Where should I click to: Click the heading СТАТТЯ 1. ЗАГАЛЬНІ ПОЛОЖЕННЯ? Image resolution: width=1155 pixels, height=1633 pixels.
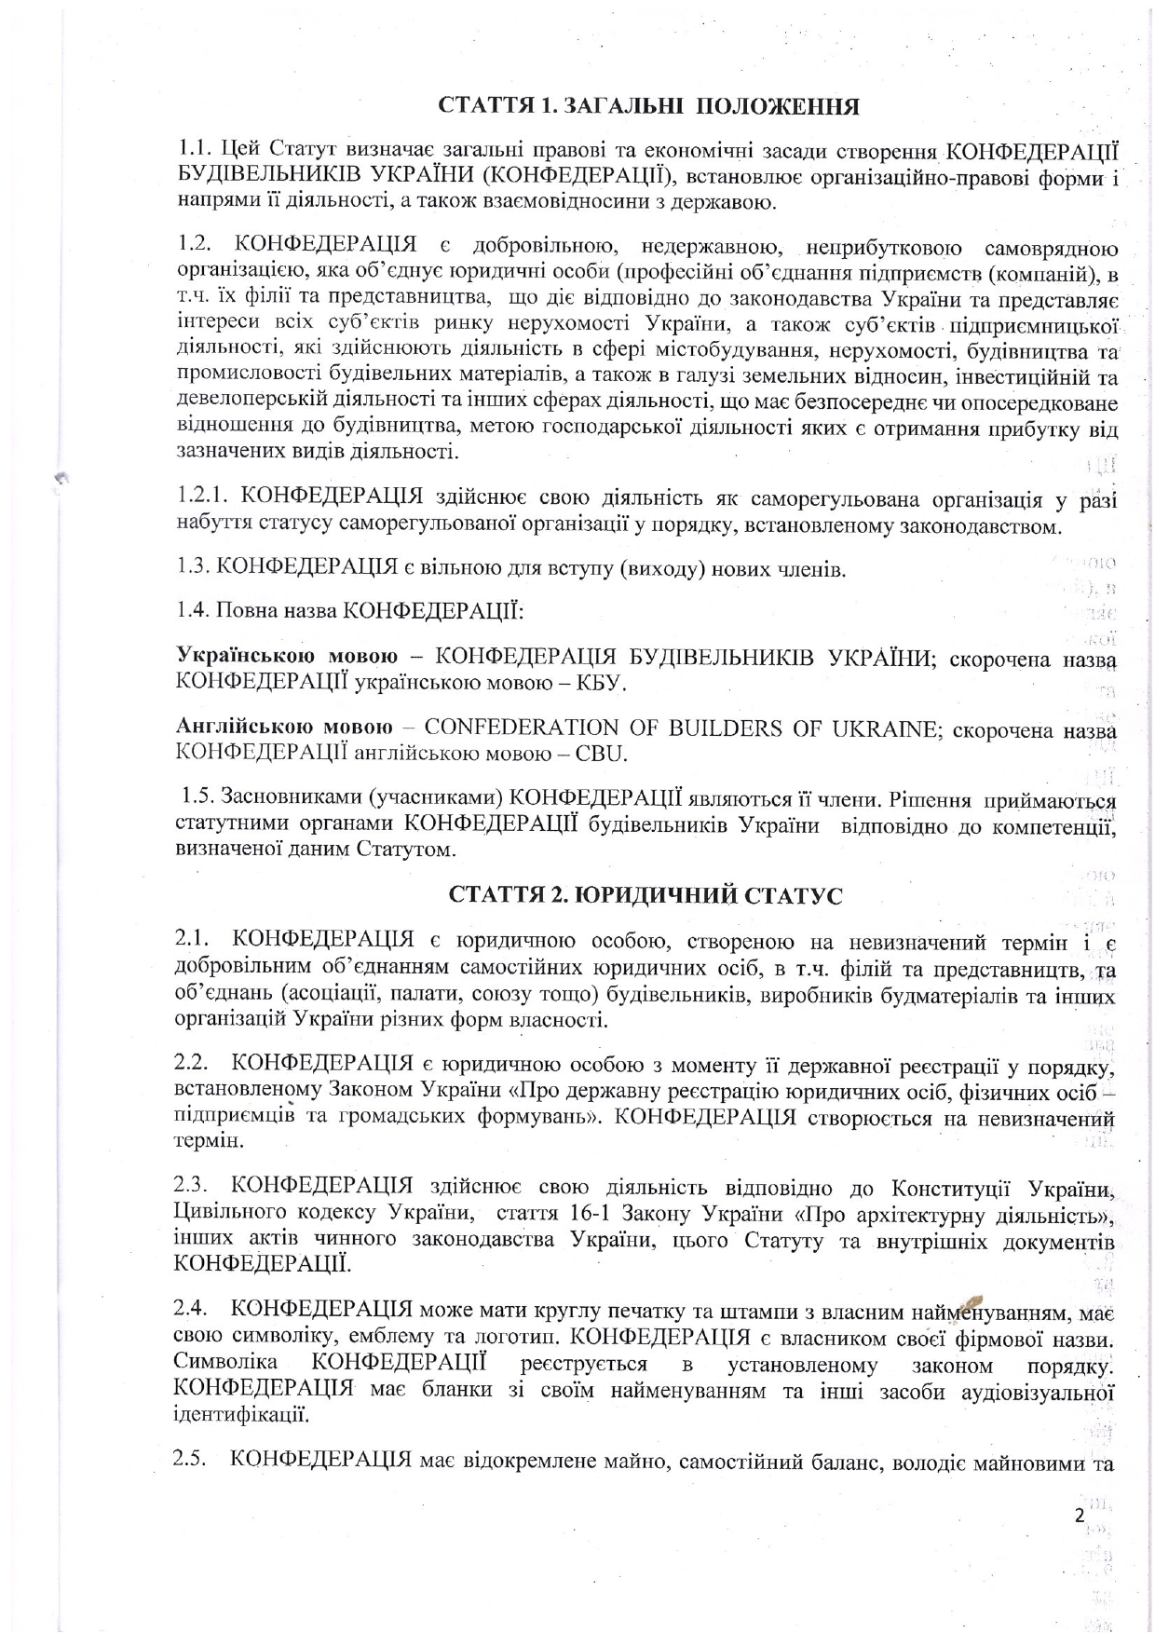coord(649,106)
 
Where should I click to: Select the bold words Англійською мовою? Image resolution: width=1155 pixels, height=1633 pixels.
coord(284,728)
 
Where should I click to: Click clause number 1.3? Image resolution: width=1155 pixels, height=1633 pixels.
coord(196,567)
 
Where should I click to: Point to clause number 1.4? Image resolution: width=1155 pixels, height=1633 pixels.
coord(194,611)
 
